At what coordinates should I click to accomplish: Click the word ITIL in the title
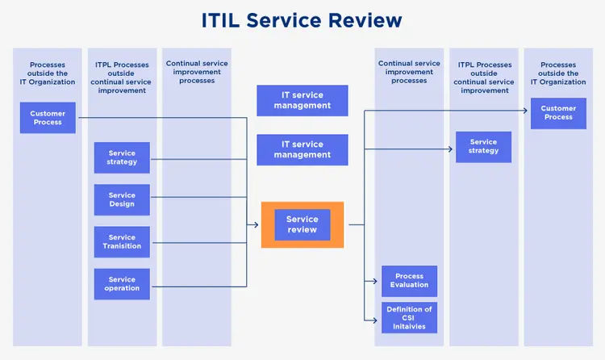(225, 21)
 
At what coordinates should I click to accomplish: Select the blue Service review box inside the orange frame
(302, 224)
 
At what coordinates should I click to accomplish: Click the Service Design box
(122, 199)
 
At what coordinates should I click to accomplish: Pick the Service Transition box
(122, 242)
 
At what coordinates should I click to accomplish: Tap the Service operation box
(122, 284)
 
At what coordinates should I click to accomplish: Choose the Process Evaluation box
(410, 281)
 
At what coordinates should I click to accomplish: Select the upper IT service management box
(302, 101)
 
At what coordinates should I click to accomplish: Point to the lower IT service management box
(302, 150)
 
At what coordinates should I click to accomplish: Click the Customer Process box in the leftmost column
(48, 118)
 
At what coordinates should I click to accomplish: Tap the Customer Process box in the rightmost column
(558, 113)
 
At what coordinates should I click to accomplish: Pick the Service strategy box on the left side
(122, 157)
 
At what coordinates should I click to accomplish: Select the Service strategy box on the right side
(483, 147)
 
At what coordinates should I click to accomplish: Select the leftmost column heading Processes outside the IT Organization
(48, 73)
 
